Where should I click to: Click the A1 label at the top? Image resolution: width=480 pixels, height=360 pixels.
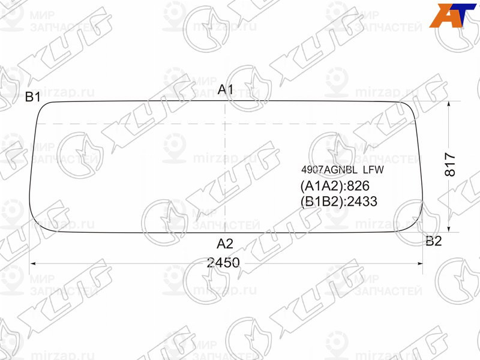225,89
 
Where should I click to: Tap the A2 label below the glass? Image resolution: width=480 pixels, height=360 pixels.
225,244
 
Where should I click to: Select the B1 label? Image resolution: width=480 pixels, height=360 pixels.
32,97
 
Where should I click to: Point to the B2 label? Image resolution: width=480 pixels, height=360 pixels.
433,241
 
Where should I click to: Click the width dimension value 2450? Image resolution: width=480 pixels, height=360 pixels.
223,263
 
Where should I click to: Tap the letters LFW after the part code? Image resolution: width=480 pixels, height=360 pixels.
373,170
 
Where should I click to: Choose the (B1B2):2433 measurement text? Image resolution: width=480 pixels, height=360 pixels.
338,202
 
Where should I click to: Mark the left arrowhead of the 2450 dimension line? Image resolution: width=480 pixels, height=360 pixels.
32,263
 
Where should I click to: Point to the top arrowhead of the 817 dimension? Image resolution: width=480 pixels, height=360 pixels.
450,104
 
